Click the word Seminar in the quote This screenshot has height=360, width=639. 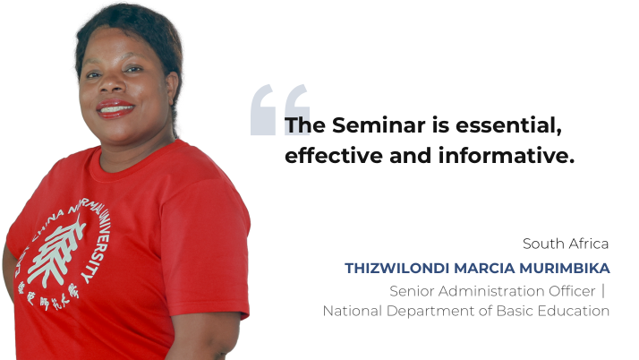point(379,124)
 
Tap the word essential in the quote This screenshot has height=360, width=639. point(508,125)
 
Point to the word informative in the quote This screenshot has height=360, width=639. point(507,156)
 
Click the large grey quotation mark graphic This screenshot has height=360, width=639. point(279,109)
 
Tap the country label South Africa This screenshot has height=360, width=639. point(566,244)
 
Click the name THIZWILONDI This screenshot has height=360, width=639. point(397,269)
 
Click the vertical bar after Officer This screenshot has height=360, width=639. point(603,291)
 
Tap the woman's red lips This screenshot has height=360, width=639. point(115,108)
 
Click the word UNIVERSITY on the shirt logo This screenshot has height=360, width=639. point(98,244)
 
